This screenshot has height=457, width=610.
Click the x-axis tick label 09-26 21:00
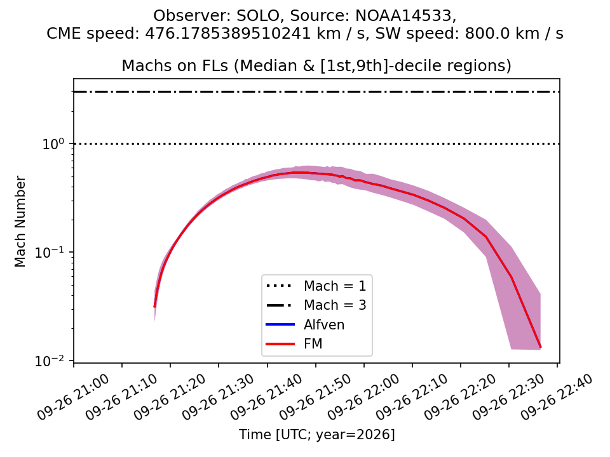[x=74, y=397]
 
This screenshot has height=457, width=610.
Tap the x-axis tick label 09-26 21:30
[x=219, y=397]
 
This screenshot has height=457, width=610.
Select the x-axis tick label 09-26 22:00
[x=363, y=397]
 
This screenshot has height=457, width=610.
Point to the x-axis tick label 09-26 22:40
[x=557, y=397]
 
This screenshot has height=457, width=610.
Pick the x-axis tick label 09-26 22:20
[x=461, y=397]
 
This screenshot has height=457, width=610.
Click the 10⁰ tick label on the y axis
[x=53, y=144]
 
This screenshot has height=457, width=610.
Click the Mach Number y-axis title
[x=20, y=222]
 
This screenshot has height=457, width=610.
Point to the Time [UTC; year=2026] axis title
[x=316, y=434]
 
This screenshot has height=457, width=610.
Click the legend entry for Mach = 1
[x=316, y=286]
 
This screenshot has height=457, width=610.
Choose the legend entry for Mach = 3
[x=316, y=305]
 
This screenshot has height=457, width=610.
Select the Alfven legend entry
[x=305, y=324]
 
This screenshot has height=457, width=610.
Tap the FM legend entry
[x=294, y=344]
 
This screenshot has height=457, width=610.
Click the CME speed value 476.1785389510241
[x=228, y=34]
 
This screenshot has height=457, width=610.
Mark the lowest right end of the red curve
[x=540, y=347]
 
